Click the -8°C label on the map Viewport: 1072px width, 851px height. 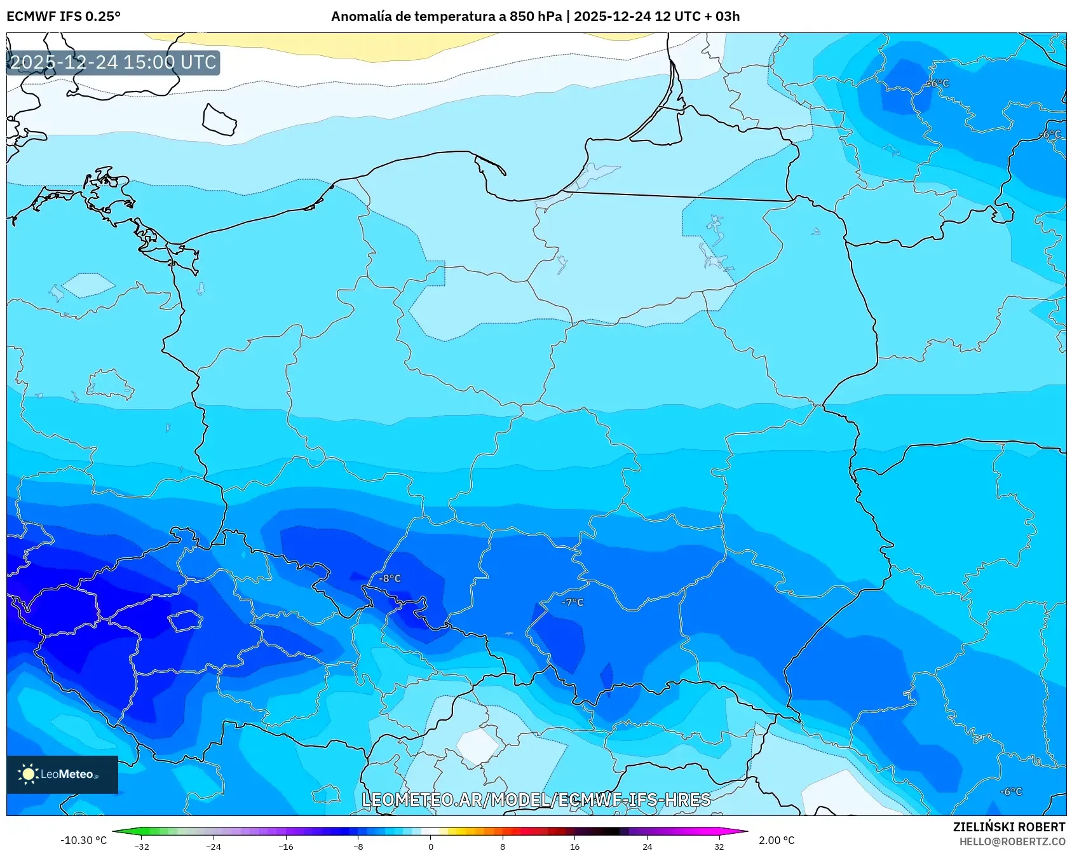pyautogui.click(x=390, y=578)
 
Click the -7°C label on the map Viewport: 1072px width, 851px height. pyautogui.click(x=573, y=603)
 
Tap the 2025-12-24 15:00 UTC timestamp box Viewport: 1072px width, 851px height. pyautogui.click(x=113, y=62)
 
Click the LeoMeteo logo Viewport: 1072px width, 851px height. pyautogui.click(x=62, y=774)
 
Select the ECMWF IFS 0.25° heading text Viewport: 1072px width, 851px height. pyautogui.click(x=64, y=17)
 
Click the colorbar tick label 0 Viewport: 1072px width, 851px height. pyautogui.click(x=431, y=847)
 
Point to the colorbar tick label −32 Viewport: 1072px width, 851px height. pyautogui.click(x=142, y=847)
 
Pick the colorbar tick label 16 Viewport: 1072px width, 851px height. pyautogui.click(x=574, y=847)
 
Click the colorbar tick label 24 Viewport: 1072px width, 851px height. pyautogui.click(x=647, y=847)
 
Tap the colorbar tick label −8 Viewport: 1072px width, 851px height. pyautogui.click(x=358, y=847)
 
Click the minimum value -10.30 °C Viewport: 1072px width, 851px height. pyautogui.click(x=83, y=840)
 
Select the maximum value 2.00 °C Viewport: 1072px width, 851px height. pyautogui.click(x=777, y=840)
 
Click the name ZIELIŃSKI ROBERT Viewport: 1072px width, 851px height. pyautogui.click(x=1009, y=827)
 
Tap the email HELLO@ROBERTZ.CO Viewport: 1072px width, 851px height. pyautogui.click(x=1012, y=841)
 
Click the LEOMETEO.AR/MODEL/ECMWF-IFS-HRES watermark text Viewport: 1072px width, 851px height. pyautogui.click(x=536, y=800)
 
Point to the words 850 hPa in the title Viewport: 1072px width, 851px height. pyautogui.click(x=536, y=17)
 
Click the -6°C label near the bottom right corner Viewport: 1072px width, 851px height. pyautogui.click(x=1011, y=791)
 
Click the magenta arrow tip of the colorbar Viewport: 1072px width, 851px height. pyautogui.click(x=743, y=831)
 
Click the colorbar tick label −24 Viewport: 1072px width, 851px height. pyautogui.click(x=214, y=847)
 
